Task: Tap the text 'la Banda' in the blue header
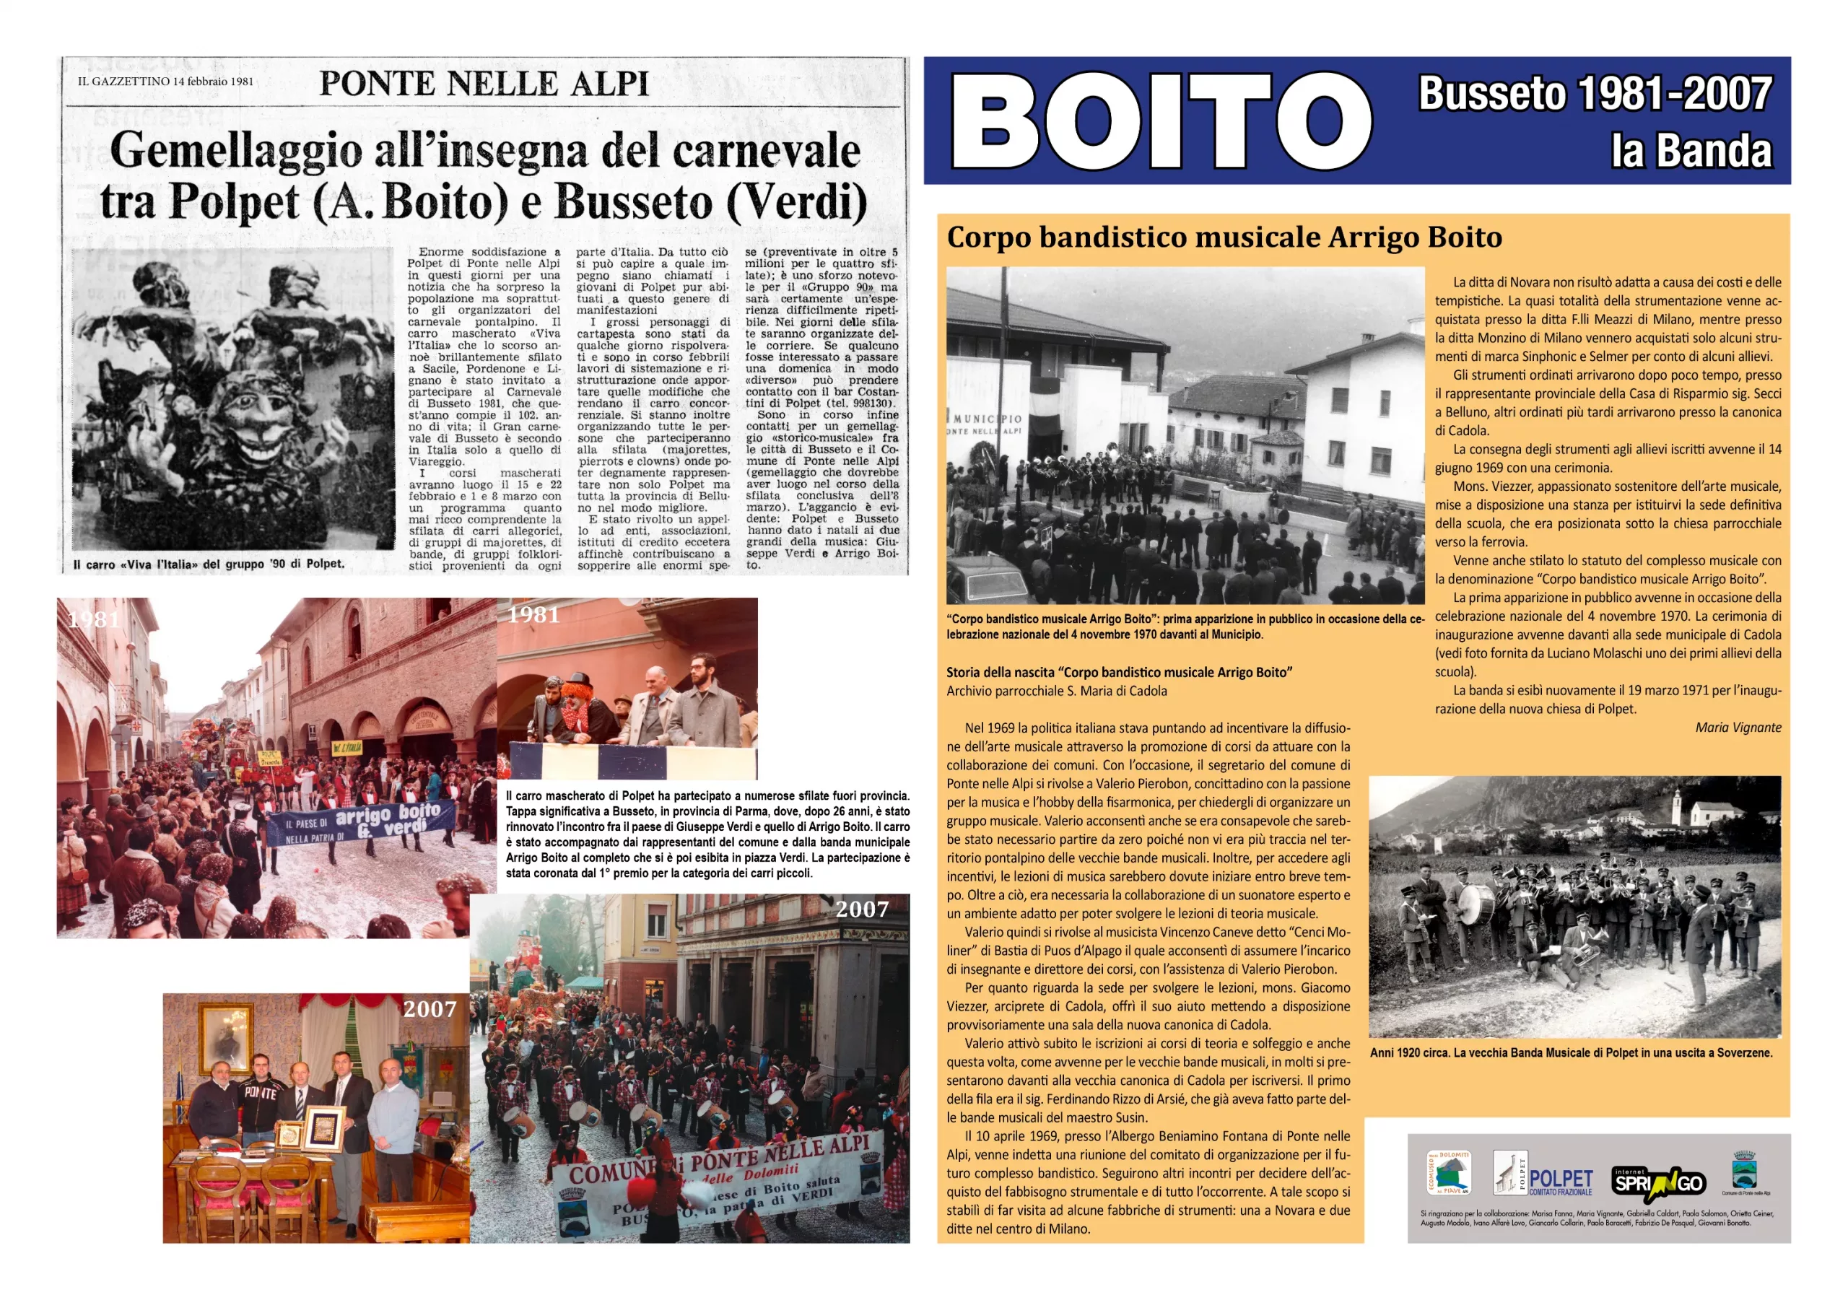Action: (x=1691, y=152)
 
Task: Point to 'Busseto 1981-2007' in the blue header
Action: (x=1595, y=94)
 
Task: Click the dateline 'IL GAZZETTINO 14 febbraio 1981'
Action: (x=165, y=82)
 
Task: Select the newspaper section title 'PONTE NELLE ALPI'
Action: (x=484, y=84)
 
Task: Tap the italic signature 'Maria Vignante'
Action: (x=1738, y=728)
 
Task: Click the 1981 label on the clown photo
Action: (x=533, y=615)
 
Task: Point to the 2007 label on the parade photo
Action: (x=861, y=909)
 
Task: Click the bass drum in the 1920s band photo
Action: (x=1475, y=907)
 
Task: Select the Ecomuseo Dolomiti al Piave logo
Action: (x=1448, y=1174)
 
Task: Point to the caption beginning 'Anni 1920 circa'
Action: (x=1570, y=1053)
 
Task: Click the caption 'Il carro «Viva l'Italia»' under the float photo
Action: (x=209, y=564)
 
